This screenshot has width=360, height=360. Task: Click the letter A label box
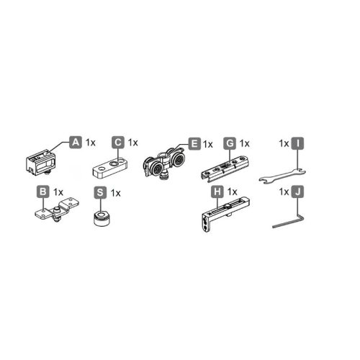[x=76, y=142]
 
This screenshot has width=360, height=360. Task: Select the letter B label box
[x=43, y=192]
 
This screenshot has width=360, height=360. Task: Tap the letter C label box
[x=118, y=142]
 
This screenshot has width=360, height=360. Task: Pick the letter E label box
[x=193, y=143]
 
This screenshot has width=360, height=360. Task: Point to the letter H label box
[x=216, y=192]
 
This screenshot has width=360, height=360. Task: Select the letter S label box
[x=102, y=192]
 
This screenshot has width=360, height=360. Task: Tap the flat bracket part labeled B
[x=50, y=214]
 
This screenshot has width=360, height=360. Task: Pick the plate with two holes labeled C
[x=109, y=168]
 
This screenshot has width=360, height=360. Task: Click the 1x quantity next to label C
[x=133, y=143]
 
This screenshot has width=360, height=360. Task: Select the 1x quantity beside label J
[x=283, y=192]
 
